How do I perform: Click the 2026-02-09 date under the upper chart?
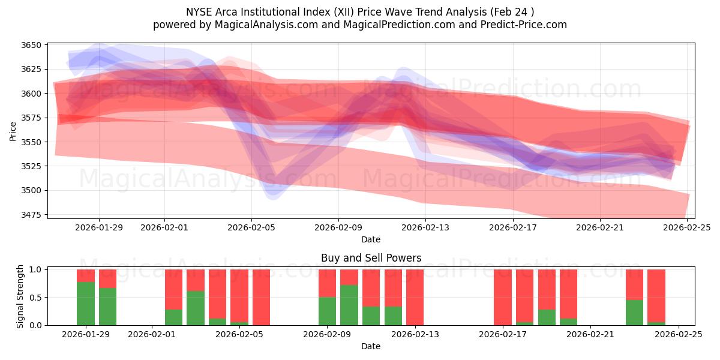pos(338,227)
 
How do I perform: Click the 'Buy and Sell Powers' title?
pos(371,258)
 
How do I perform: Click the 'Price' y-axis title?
pos(13,130)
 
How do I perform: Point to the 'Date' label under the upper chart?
pos(371,239)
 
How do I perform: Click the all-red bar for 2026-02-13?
pos(415,297)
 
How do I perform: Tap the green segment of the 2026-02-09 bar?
pos(327,311)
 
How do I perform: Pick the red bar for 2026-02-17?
pos(503,297)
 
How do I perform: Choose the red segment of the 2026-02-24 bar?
pos(656,294)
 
